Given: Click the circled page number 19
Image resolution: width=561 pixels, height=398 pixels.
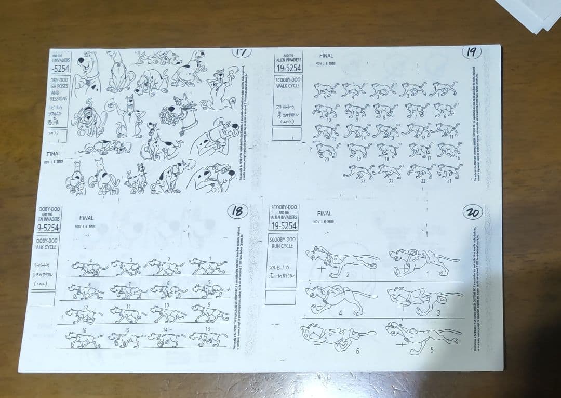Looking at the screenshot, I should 471,52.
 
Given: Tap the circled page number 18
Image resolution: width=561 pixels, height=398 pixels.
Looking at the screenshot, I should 237,211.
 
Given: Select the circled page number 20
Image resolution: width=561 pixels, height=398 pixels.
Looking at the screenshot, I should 473,213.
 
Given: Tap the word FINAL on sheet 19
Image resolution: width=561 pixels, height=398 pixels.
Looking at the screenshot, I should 326,56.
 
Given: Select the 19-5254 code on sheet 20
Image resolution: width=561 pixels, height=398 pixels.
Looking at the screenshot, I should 283,225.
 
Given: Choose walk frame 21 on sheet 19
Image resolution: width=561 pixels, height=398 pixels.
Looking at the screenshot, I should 449,170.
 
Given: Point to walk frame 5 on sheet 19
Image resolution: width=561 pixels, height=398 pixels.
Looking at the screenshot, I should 326,89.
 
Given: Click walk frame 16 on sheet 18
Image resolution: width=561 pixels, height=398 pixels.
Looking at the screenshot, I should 83,339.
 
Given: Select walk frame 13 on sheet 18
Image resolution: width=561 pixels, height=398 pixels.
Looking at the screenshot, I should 208,338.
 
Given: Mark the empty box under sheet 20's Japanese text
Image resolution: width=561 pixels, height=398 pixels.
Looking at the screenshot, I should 280,297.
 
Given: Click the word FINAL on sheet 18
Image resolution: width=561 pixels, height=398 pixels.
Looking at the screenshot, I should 86,218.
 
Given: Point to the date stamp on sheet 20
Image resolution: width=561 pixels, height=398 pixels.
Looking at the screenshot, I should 324,222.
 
